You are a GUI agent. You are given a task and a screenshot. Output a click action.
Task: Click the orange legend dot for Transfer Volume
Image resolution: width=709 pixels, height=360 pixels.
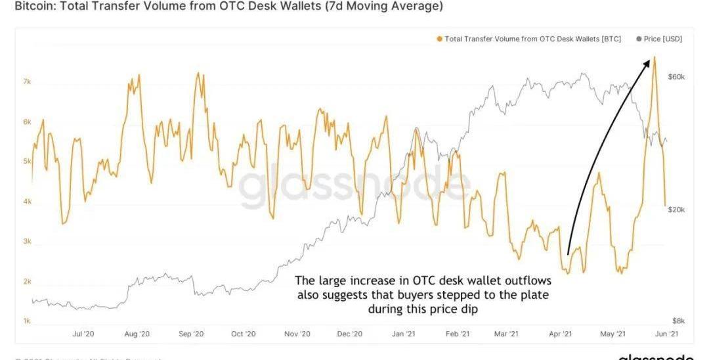pos(439,39)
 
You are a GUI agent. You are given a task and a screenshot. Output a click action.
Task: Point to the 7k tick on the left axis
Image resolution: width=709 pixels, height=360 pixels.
pos(27,81)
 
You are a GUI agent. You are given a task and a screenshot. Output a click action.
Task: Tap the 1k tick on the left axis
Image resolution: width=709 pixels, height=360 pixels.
pos(27,321)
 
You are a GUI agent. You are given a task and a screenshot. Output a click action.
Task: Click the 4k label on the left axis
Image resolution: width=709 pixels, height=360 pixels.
pos(27,202)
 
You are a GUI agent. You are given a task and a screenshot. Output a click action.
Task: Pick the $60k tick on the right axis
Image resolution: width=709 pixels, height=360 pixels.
pos(676,77)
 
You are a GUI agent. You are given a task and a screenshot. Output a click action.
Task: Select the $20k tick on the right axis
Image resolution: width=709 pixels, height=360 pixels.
pos(676,210)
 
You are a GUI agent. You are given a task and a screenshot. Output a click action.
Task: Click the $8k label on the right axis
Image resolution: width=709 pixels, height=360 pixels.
pos(677,321)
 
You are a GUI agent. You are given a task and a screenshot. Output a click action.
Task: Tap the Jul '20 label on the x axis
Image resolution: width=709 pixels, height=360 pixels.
pos(83,334)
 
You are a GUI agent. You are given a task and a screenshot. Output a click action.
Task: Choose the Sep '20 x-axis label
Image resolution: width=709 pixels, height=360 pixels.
pos(190,334)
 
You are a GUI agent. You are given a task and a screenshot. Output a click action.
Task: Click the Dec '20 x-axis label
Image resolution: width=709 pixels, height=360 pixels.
pos(349,334)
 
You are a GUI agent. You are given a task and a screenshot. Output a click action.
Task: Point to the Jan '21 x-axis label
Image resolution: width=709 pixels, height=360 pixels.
pos(404,334)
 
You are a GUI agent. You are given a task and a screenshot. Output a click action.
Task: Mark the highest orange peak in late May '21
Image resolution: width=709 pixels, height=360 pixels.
pos(654,57)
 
